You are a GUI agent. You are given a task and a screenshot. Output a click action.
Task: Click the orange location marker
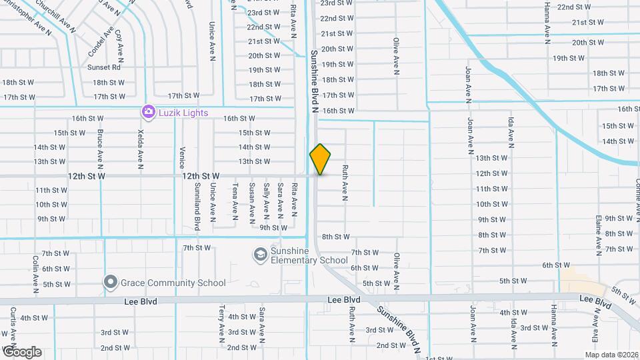click(320, 159)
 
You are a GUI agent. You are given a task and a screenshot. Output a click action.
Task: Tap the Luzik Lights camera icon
click(148, 112)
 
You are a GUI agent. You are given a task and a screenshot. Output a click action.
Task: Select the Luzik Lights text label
click(183, 113)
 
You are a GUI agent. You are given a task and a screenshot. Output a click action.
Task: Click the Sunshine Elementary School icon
click(259, 255)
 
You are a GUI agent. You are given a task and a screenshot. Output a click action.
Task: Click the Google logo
click(21, 351)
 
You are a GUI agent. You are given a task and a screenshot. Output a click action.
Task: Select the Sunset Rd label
click(103, 67)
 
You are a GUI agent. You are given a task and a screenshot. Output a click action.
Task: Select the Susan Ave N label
click(252, 201)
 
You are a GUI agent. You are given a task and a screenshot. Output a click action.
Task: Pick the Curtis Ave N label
click(13, 326)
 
